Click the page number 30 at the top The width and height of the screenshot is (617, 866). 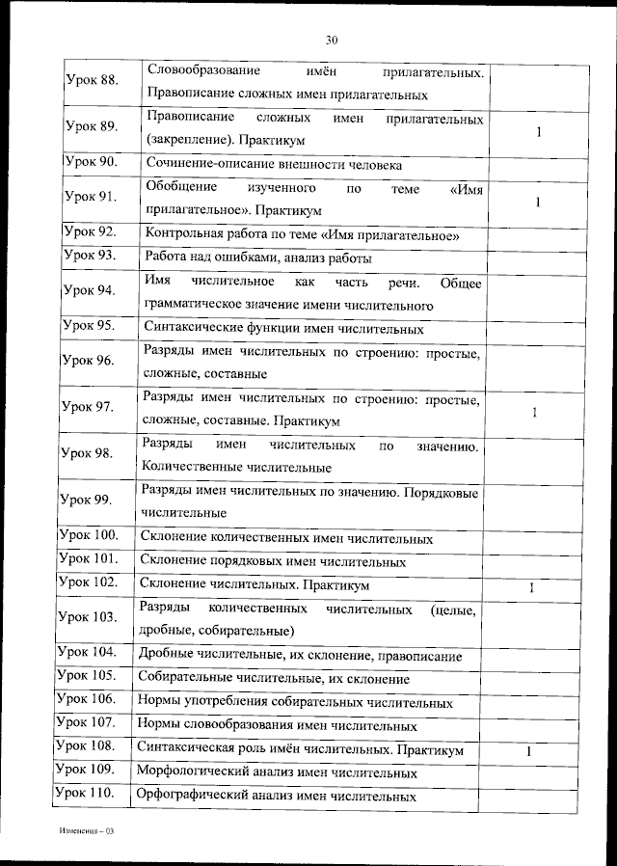332,40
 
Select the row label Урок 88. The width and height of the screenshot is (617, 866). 91,80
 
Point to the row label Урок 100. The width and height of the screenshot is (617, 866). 88,534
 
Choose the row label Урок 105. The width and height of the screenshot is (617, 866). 86,674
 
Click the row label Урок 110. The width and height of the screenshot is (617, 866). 85,793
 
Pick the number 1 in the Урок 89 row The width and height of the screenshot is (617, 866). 538,132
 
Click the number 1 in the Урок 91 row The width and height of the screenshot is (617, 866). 538,203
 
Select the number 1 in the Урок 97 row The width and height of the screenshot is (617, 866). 535,413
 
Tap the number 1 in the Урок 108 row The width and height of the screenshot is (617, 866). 529,751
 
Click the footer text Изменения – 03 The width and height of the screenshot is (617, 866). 87,830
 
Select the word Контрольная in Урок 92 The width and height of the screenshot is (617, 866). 180,234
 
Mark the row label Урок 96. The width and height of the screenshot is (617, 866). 89,361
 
